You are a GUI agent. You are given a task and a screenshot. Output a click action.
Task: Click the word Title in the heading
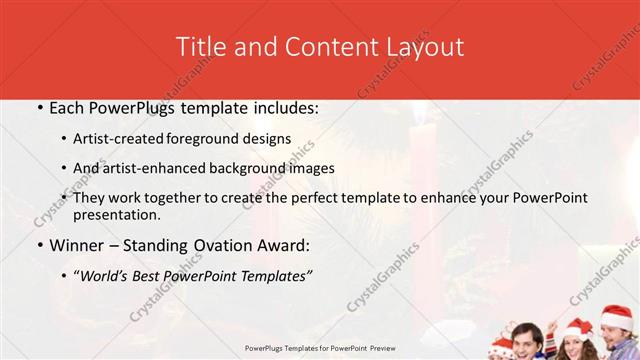click(200, 47)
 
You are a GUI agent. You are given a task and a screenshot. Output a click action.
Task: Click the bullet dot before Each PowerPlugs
click(39, 108)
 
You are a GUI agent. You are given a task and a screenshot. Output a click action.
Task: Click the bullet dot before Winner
click(39, 245)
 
